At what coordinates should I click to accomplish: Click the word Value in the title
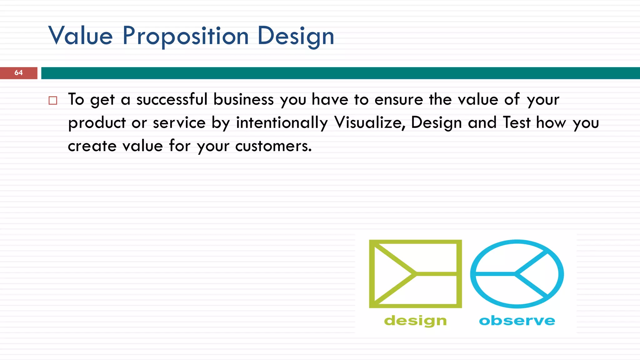point(80,36)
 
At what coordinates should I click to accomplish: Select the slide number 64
point(18,73)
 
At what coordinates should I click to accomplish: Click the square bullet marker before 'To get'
point(53,100)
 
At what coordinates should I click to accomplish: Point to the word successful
point(172,99)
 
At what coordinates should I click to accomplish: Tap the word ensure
point(398,100)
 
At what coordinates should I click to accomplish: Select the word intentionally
point(282,122)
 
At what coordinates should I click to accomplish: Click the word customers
point(273,146)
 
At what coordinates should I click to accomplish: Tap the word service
point(179,122)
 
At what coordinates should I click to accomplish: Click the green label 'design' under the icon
point(415,321)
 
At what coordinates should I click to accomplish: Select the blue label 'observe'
point(517,321)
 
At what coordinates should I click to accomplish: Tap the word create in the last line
point(92,146)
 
